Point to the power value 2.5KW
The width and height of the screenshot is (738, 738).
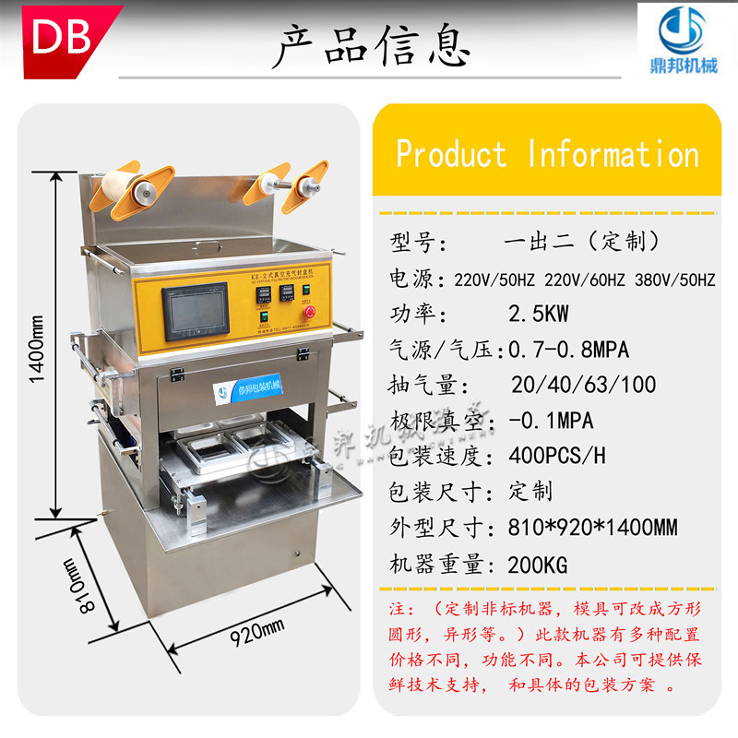click(x=539, y=314)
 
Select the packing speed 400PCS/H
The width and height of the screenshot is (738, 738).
click(x=557, y=457)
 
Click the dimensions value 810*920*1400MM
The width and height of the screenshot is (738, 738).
click(x=593, y=528)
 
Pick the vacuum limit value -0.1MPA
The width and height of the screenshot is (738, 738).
click(x=551, y=421)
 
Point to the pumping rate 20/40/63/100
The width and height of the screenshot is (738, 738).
click(x=583, y=385)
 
